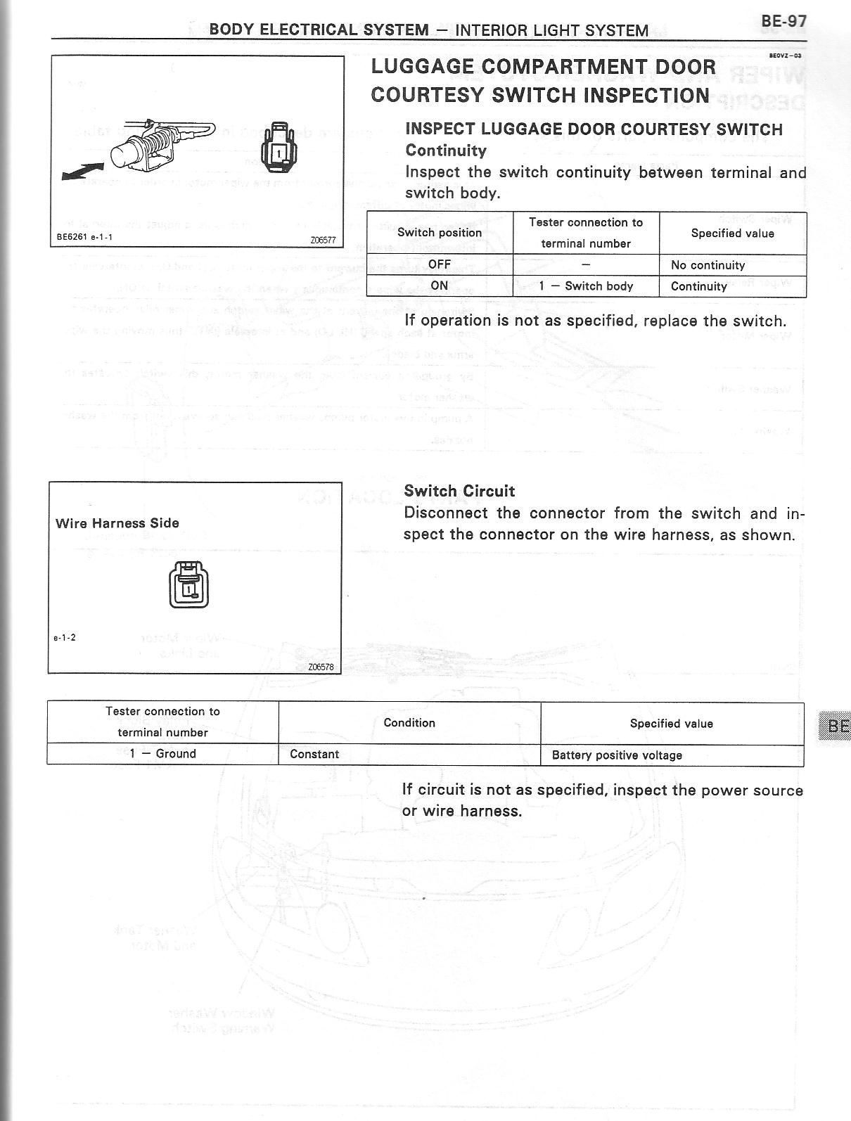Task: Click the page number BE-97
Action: [783, 23]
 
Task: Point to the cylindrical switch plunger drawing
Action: [126, 148]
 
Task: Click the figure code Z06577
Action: [323, 240]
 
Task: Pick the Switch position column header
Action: [440, 233]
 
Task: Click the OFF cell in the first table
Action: [440, 265]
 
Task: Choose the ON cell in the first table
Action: [440, 286]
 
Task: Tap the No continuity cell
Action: [708, 265]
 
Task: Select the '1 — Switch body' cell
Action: [586, 286]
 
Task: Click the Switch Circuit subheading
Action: [459, 491]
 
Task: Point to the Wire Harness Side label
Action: [117, 523]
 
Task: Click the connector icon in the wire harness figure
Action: [188, 585]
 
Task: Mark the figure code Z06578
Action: [321, 667]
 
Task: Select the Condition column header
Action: [409, 723]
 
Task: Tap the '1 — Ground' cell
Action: [162, 754]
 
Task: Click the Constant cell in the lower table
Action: [314, 755]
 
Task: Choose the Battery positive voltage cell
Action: [617, 755]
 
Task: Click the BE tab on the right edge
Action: [837, 726]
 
